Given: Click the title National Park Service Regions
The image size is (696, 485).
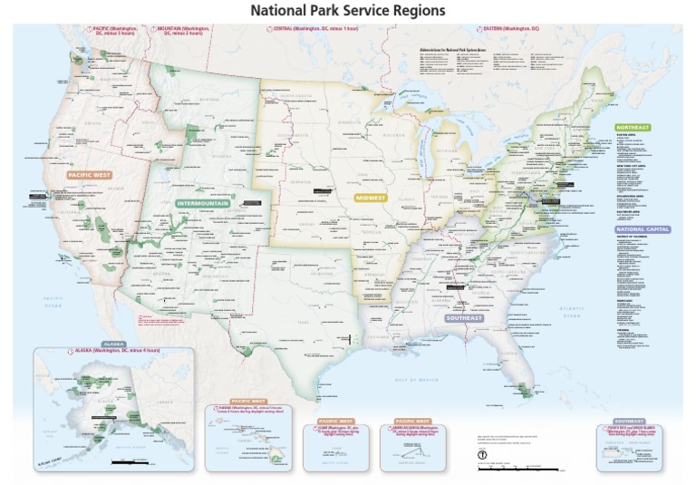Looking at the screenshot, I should (348, 10).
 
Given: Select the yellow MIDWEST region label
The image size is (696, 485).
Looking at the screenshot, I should (369, 197).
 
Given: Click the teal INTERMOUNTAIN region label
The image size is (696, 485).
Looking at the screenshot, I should (202, 203).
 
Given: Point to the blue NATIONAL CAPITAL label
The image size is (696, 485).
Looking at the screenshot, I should (643, 229).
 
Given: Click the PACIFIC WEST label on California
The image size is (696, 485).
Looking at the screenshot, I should (89, 175).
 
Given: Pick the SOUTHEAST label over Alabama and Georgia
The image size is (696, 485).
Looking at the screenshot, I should (463, 318).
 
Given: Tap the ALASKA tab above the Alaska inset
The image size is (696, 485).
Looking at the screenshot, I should (112, 344).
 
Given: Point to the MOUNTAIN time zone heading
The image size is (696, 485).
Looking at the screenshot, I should (185, 30).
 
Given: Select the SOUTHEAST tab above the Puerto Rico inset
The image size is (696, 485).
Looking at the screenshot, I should (627, 422).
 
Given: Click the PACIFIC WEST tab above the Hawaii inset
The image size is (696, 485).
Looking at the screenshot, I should (247, 401).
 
